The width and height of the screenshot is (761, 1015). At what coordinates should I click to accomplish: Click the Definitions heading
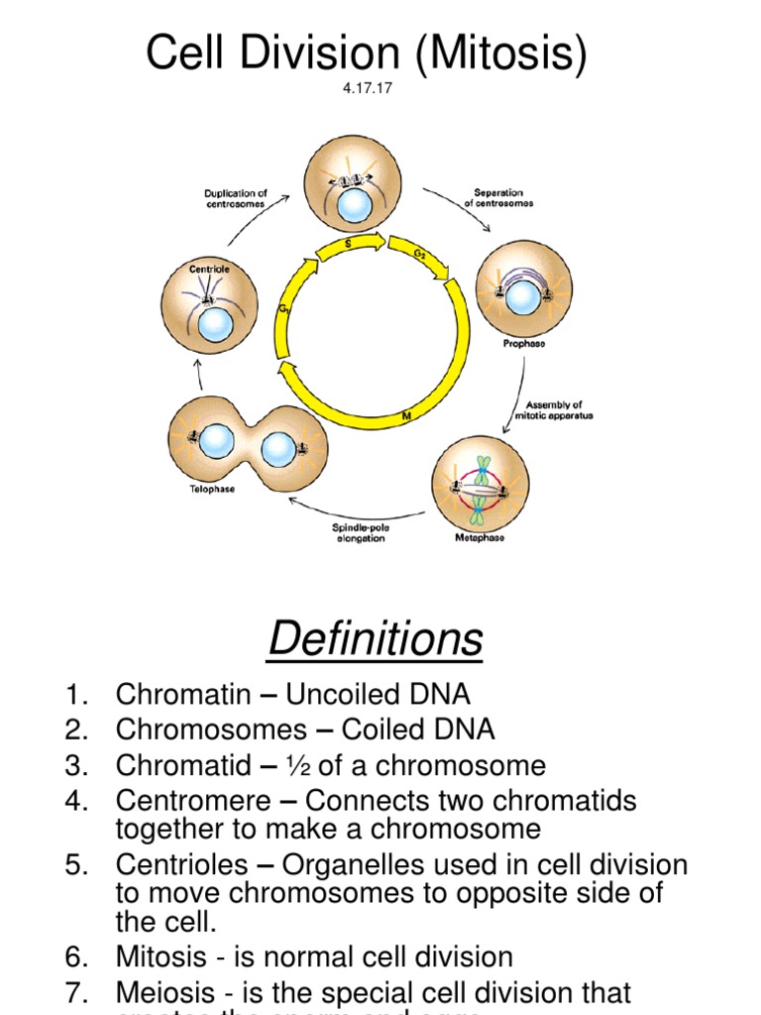point(376,638)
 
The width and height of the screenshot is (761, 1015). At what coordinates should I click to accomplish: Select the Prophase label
point(524,344)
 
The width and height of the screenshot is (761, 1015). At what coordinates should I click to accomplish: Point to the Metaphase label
point(480,537)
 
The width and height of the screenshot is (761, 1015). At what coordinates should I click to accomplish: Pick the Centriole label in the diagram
point(211,269)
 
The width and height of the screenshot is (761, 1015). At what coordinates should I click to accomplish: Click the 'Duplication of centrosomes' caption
point(236,198)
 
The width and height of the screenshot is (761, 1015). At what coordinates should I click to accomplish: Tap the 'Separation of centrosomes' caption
point(498,197)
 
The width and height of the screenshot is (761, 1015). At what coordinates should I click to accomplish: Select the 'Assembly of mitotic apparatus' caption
point(559,409)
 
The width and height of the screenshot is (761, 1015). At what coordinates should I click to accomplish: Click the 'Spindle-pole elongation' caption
point(359,532)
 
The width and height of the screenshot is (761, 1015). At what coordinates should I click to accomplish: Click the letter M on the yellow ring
point(405,418)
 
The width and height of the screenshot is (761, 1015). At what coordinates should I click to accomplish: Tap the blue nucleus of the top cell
point(354,206)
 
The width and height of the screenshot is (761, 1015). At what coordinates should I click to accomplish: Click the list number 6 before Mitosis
point(77,957)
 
